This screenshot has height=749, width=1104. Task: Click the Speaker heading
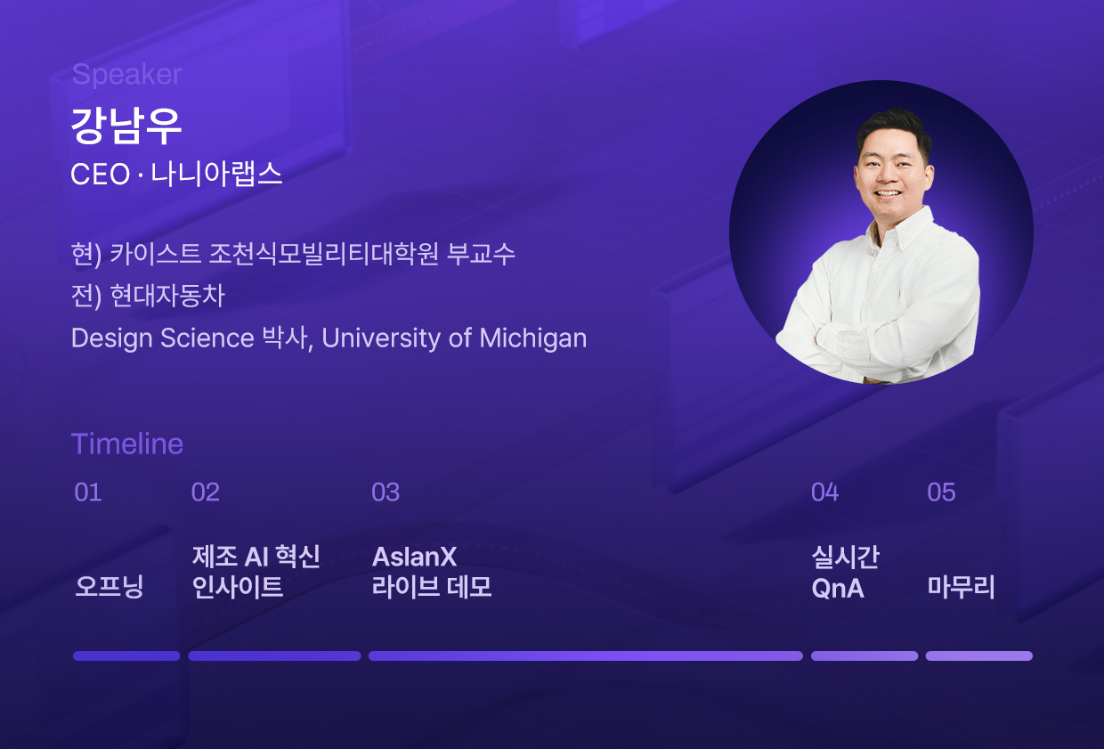[126, 75]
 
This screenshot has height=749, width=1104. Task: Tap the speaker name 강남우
[126, 126]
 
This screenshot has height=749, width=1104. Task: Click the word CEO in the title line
[100, 174]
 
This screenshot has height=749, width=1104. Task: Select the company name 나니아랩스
[216, 174]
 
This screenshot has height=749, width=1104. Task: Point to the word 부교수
[481, 254]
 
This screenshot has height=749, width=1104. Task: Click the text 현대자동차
[167, 296]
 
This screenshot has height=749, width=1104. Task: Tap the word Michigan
[532, 338]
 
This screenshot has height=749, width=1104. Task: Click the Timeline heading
[127, 444]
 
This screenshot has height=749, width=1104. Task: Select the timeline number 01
[88, 493]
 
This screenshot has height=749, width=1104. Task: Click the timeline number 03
[386, 493]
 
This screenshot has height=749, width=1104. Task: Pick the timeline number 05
[941, 493]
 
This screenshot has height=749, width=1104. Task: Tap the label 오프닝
[110, 587]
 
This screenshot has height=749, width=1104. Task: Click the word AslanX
[414, 557]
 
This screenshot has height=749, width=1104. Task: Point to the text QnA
[838, 589]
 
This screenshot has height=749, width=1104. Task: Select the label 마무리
[961, 587]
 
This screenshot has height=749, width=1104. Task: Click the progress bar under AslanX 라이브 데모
[586, 655]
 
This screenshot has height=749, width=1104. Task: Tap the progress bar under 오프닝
[126, 655]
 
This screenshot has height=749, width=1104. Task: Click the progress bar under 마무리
[978, 655]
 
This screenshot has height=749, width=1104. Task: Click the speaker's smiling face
[892, 173]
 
